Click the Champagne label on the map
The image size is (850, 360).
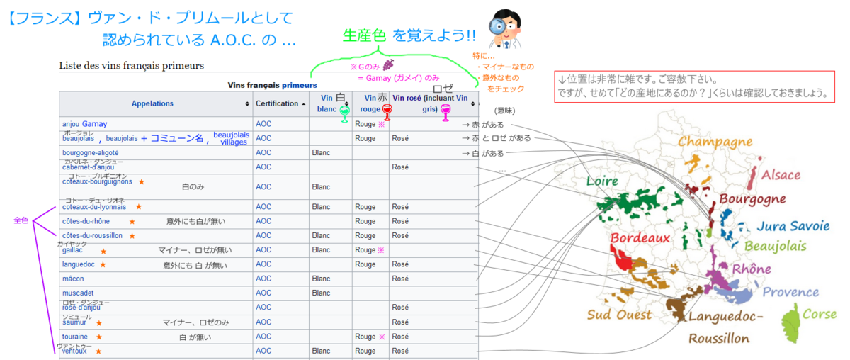tap(715, 142)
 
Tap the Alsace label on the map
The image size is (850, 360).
tap(781, 175)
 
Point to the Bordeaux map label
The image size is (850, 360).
tap(640, 237)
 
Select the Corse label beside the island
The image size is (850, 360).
tap(819, 314)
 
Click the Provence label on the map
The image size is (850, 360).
tap(790, 291)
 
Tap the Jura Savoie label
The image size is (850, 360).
tap(792, 226)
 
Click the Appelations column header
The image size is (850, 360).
tap(152, 103)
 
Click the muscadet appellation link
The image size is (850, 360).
tap(78, 293)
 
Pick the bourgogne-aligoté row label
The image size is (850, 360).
tap(91, 152)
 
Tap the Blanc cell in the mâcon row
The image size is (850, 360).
tap(321, 279)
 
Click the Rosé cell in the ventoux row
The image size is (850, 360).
tap(400, 351)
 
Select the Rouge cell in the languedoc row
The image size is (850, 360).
tap(365, 264)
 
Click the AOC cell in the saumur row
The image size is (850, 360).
tap(263, 322)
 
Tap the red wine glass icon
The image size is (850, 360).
tap(387, 111)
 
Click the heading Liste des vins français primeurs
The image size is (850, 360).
tap(132, 66)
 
